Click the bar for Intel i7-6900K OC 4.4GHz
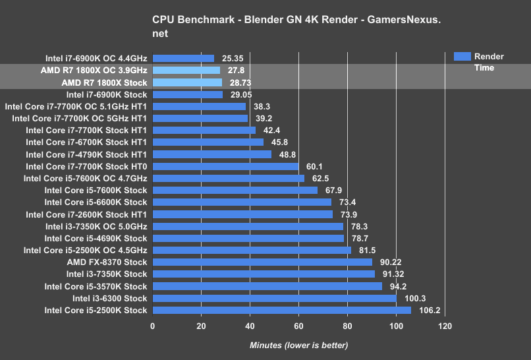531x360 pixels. tap(183, 59)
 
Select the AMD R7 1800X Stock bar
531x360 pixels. tap(187, 82)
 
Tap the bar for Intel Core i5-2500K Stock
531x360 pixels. tap(281, 310)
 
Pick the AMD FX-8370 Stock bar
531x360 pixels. tap(262, 262)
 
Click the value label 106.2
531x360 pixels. tap(428, 311)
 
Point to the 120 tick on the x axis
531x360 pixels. tap(445, 326)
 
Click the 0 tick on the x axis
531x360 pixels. tap(153, 326)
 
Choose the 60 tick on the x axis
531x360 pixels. tap(298, 326)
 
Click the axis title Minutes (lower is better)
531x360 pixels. tap(298, 345)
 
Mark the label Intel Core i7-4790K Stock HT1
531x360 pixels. tap(86, 154)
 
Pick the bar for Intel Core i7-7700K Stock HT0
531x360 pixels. tap(225, 166)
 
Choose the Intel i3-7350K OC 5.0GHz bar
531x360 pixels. tap(248, 226)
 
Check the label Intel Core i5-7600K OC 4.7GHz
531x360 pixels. tap(85, 178)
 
